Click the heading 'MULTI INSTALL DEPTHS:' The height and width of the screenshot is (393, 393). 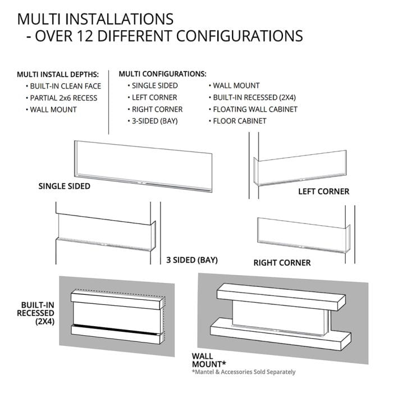tap(57, 74)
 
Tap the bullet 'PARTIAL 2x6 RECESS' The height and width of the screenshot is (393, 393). tap(64, 98)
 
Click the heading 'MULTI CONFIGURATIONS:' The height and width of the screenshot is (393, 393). tap(162, 74)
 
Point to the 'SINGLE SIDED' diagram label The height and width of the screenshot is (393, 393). tap(64, 186)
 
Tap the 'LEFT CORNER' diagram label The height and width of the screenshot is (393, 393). tap(323, 191)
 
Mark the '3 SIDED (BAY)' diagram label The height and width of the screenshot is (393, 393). tap(192, 260)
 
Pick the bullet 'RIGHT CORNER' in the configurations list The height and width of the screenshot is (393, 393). tap(157, 109)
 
